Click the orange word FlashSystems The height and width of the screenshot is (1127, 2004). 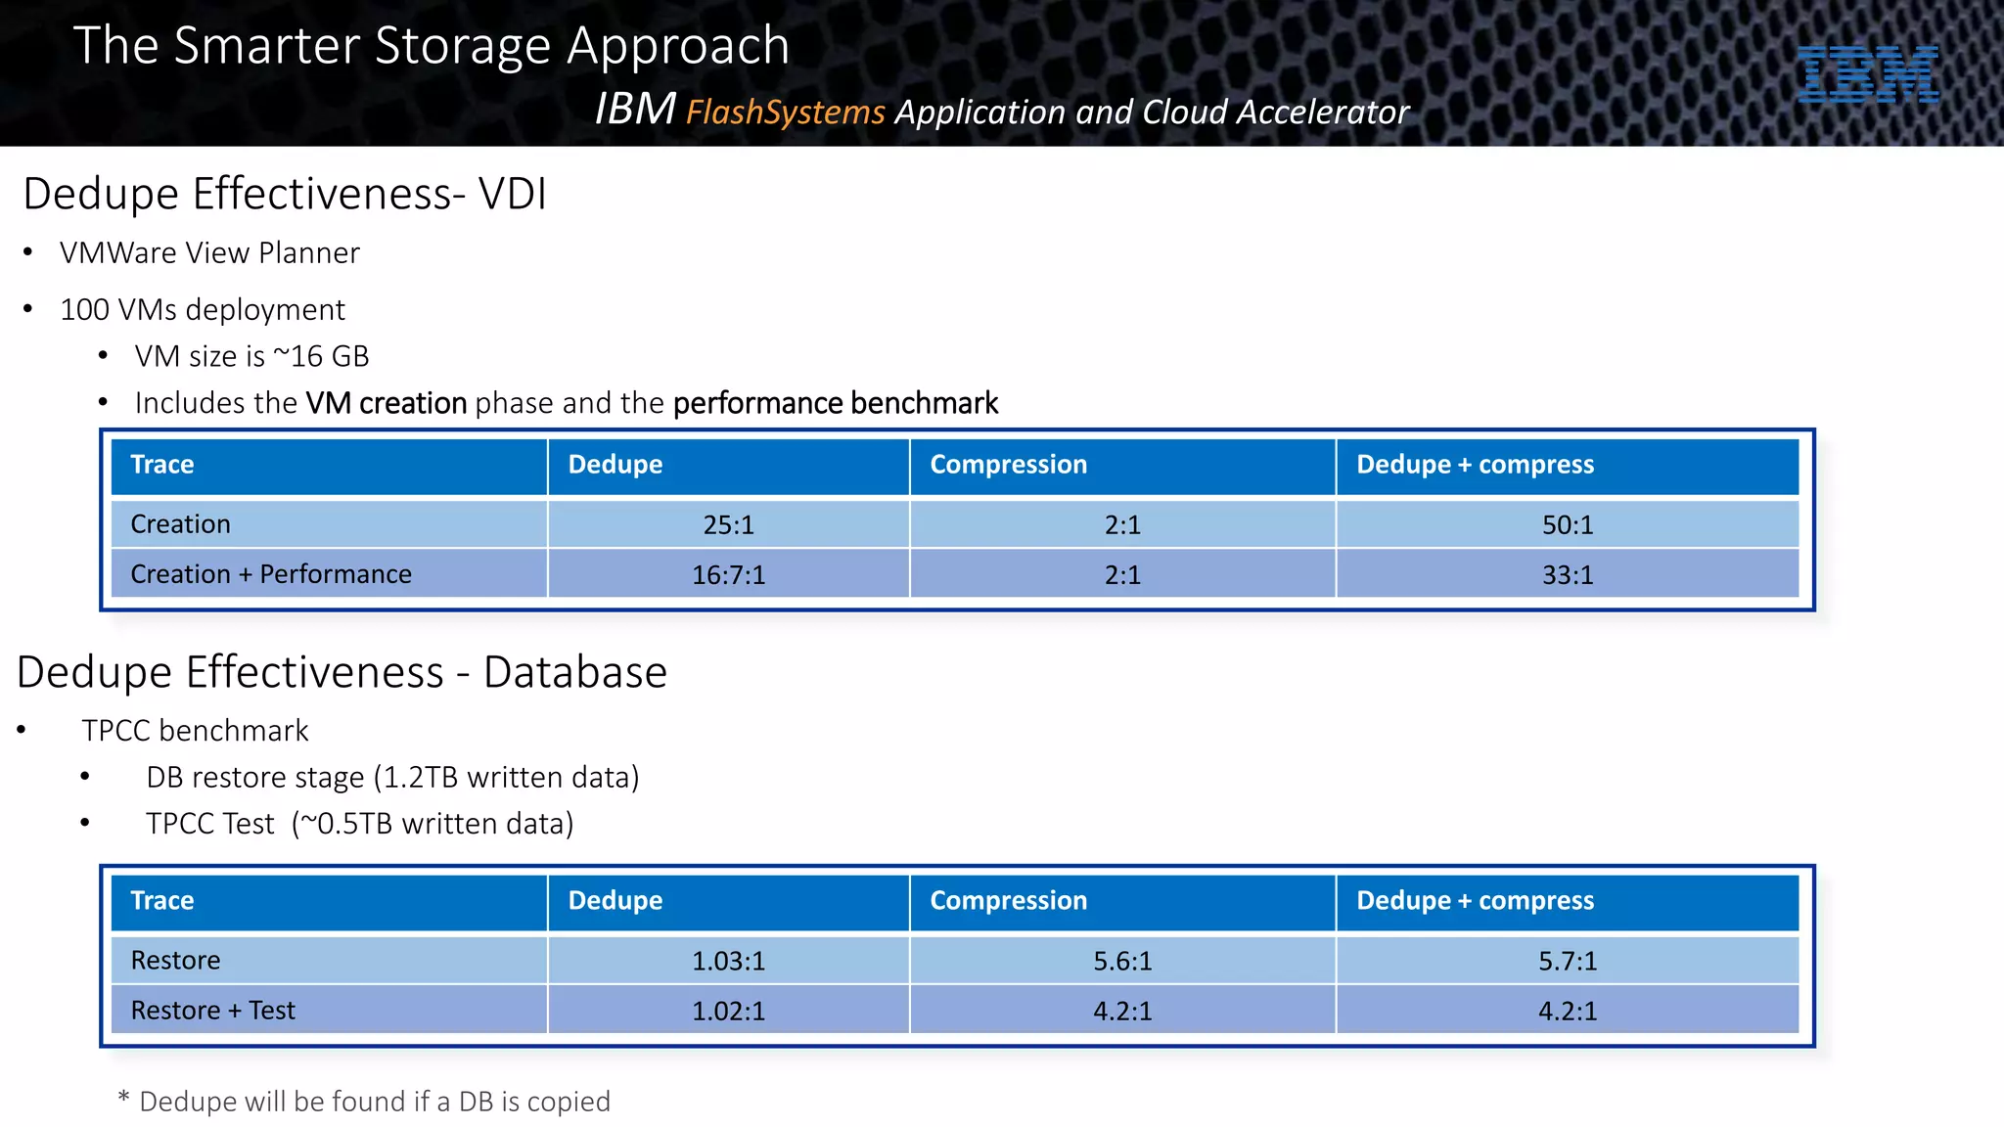click(x=785, y=113)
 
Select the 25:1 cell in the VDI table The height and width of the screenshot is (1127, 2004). click(x=728, y=525)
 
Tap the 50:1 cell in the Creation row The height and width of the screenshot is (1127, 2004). click(x=1567, y=525)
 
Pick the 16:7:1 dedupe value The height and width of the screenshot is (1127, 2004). click(x=728, y=575)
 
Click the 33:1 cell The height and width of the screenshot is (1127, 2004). click(x=1567, y=575)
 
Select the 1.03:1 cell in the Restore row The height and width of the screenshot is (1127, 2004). click(x=728, y=962)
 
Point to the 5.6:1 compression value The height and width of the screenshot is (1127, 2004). click(x=1121, y=962)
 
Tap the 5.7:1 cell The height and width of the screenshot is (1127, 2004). click(x=1567, y=962)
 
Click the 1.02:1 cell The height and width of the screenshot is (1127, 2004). click(x=728, y=1011)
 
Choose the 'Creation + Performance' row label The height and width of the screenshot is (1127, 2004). click(x=271, y=574)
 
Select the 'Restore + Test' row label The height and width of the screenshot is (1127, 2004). click(x=212, y=1011)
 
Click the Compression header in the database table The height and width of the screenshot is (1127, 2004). click(x=1008, y=901)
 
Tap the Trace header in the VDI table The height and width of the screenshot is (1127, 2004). click(x=162, y=465)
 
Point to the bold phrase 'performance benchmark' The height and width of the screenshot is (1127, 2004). click(x=835, y=403)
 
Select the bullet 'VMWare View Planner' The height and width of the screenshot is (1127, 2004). click(x=209, y=253)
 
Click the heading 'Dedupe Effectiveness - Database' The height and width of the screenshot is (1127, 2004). click(x=342, y=673)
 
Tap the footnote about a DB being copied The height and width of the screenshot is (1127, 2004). click(x=364, y=1102)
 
